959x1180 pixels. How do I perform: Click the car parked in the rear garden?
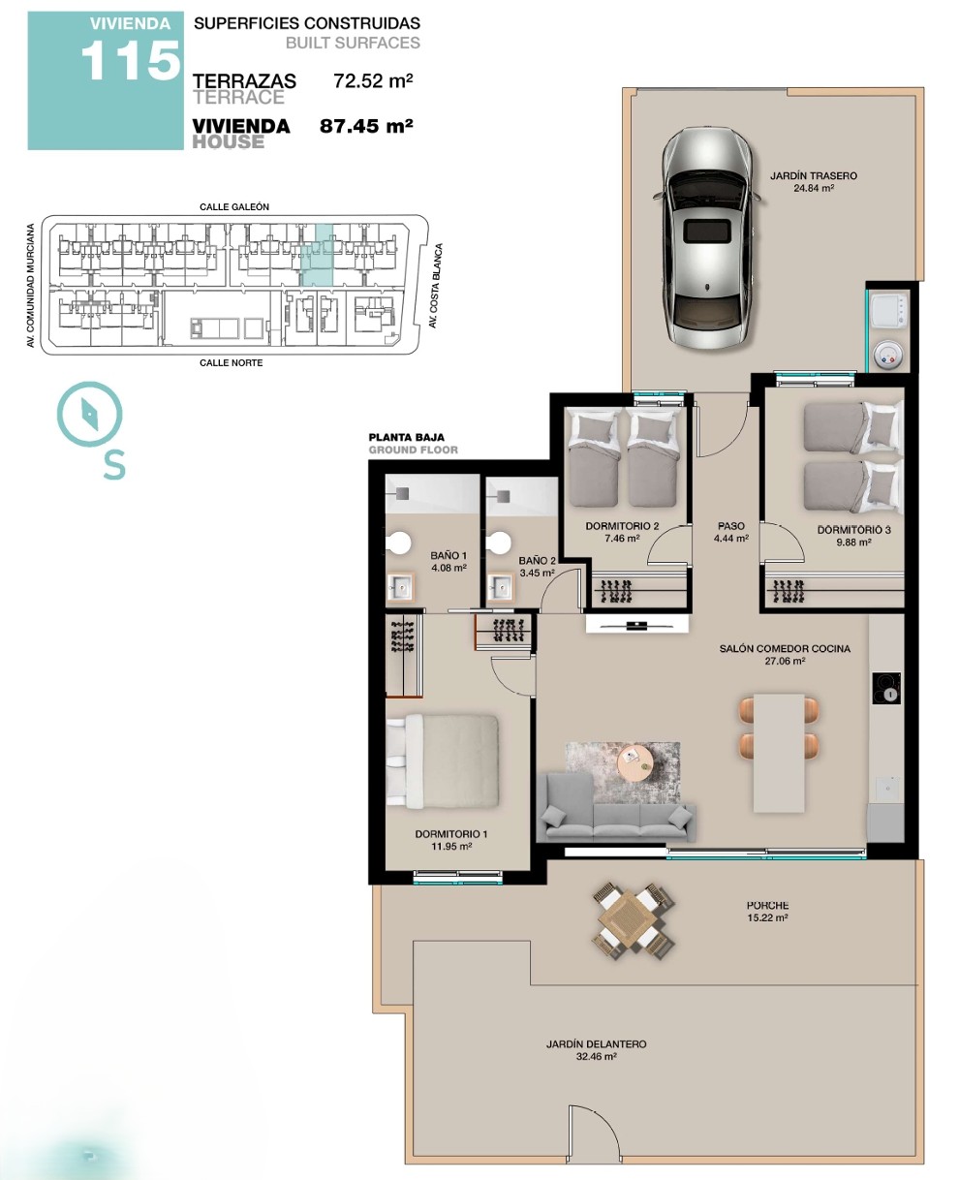(707, 238)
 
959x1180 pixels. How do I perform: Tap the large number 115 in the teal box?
(131, 61)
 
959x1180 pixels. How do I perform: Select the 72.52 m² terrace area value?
(373, 80)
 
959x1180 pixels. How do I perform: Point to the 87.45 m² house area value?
(366, 126)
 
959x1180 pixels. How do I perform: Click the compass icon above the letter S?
(89, 414)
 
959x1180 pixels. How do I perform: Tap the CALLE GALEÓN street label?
(234, 207)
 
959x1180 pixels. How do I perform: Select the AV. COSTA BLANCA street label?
(436, 285)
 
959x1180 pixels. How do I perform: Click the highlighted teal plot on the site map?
(317, 255)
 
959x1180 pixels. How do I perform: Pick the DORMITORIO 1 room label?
(451, 834)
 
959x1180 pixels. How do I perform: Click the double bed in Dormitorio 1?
(442, 760)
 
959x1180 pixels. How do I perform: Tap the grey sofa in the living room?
(615, 810)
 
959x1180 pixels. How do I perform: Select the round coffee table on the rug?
(635, 761)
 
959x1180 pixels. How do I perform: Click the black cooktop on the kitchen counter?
(886, 688)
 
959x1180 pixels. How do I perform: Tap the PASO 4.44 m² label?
(730, 531)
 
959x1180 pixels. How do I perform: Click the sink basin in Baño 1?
(400, 587)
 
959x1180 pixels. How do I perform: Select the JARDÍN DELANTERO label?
(596, 1044)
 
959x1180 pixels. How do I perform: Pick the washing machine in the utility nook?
(887, 311)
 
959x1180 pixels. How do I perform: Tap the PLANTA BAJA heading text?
(406, 437)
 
